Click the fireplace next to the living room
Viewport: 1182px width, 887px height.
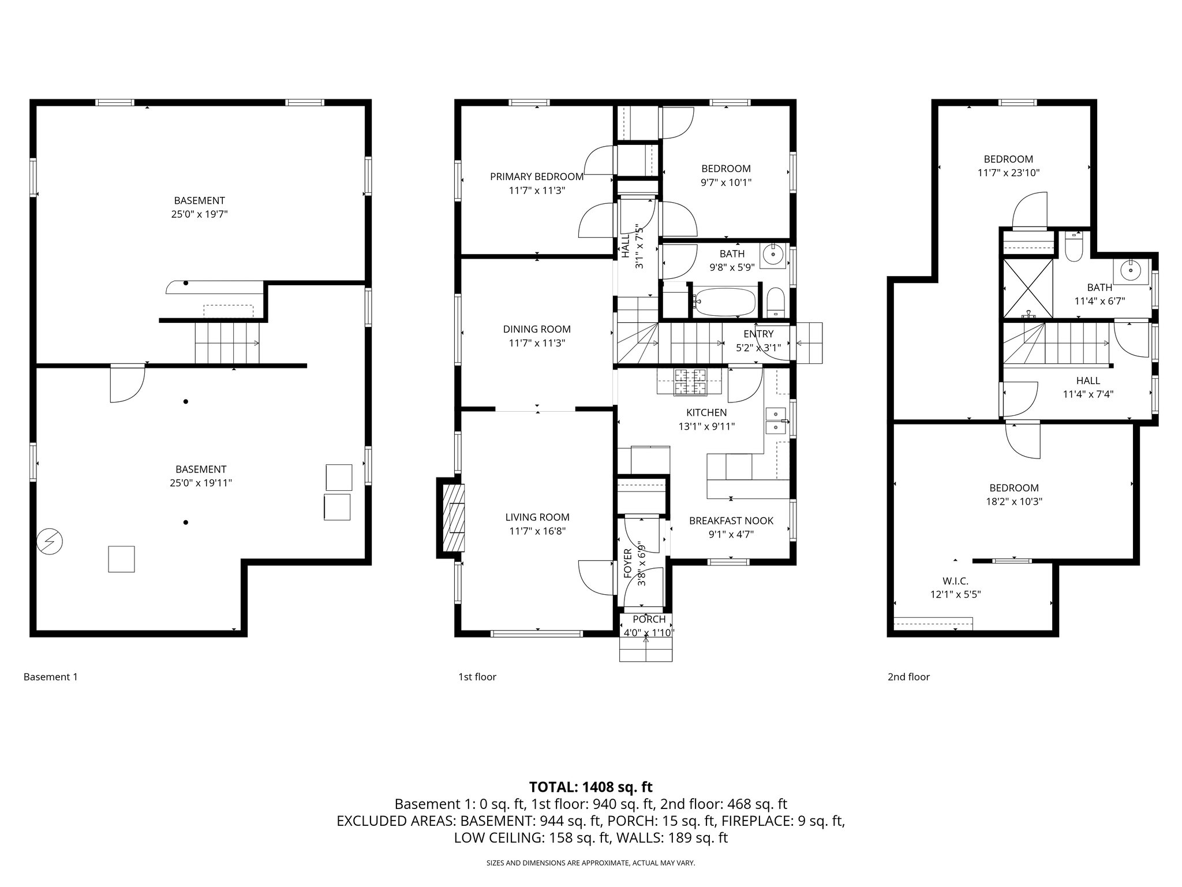click(453, 517)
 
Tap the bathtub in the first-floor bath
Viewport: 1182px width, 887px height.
click(725, 301)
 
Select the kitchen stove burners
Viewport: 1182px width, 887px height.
click(689, 382)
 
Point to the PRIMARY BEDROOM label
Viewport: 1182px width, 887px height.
click(536, 176)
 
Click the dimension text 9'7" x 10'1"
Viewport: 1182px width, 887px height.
click(726, 182)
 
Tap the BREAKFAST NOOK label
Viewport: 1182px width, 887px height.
click(731, 520)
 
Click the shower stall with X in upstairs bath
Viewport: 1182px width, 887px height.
click(1028, 288)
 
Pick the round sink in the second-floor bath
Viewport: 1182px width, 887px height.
click(1129, 270)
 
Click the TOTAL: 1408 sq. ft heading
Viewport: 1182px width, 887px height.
click(590, 787)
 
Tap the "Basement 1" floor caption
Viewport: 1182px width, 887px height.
click(50, 677)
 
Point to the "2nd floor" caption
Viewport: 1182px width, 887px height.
click(908, 677)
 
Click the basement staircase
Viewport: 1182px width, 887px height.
click(227, 342)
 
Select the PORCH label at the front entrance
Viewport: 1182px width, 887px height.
click(649, 619)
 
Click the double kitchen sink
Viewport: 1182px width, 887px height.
click(776, 420)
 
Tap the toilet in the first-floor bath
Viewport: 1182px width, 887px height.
click(776, 302)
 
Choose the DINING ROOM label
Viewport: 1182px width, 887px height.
click(536, 329)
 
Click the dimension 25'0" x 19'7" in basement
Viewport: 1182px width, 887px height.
click(200, 214)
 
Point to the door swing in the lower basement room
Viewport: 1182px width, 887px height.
click(127, 384)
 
